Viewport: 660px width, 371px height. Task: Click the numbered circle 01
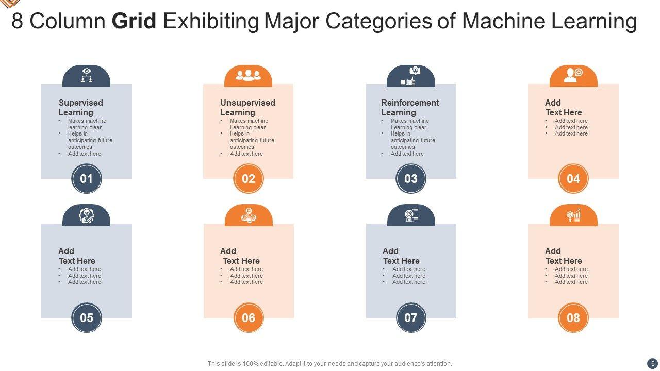(x=86, y=179)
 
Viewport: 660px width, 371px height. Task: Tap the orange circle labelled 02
(x=249, y=179)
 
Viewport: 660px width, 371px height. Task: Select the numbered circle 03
(x=411, y=179)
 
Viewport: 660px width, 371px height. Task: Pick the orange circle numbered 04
(x=573, y=179)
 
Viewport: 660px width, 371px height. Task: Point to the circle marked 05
(x=86, y=317)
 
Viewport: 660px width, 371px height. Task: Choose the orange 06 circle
(x=249, y=317)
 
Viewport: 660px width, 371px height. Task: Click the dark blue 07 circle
(x=411, y=317)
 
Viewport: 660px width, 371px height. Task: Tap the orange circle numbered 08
(x=573, y=317)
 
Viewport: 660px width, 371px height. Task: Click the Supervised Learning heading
(x=80, y=107)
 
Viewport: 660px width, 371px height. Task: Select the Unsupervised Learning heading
(x=247, y=107)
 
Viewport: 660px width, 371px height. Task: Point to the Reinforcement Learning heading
(x=410, y=107)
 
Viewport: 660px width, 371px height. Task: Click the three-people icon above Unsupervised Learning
(x=248, y=76)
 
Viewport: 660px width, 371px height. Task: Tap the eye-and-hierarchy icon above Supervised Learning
(x=86, y=75)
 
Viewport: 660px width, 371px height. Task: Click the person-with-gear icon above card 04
(x=573, y=75)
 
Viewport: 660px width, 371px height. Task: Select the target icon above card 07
(x=410, y=214)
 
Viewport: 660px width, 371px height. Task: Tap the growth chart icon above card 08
(x=573, y=215)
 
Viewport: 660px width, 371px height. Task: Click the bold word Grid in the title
(x=134, y=22)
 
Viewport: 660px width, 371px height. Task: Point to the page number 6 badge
(x=652, y=363)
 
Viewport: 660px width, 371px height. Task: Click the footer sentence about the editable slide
(x=330, y=363)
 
